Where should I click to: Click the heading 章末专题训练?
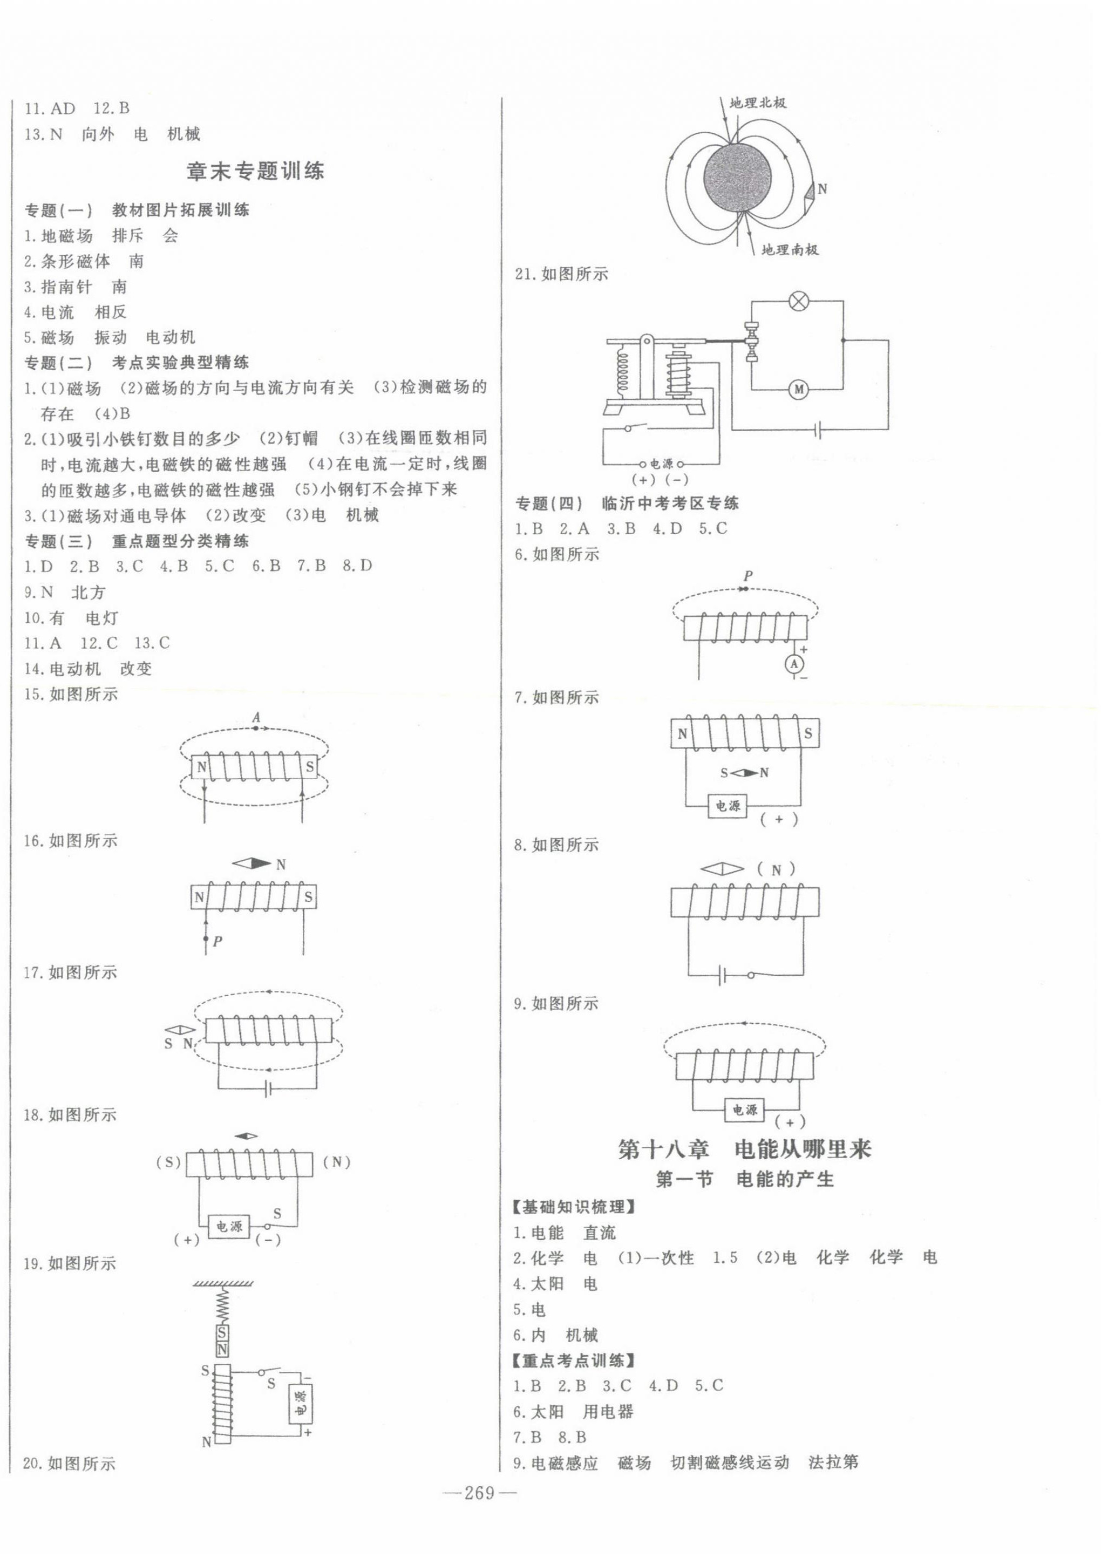coord(255,171)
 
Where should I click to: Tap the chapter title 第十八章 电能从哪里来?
coord(745,1149)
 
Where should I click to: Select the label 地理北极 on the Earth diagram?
coord(758,103)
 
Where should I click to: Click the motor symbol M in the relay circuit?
coord(798,390)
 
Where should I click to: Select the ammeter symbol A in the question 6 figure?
coord(795,664)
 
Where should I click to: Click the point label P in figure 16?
coord(217,941)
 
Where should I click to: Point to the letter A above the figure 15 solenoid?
coord(256,717)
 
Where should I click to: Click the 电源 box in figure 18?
coord(229,1226)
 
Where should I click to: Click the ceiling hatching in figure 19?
coord(223,1284)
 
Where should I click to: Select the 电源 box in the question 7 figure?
coord(728,806)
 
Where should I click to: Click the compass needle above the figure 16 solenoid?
coord(251,864)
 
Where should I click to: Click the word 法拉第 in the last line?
coord(833,1462)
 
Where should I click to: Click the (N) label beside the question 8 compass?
coord(776,869)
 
